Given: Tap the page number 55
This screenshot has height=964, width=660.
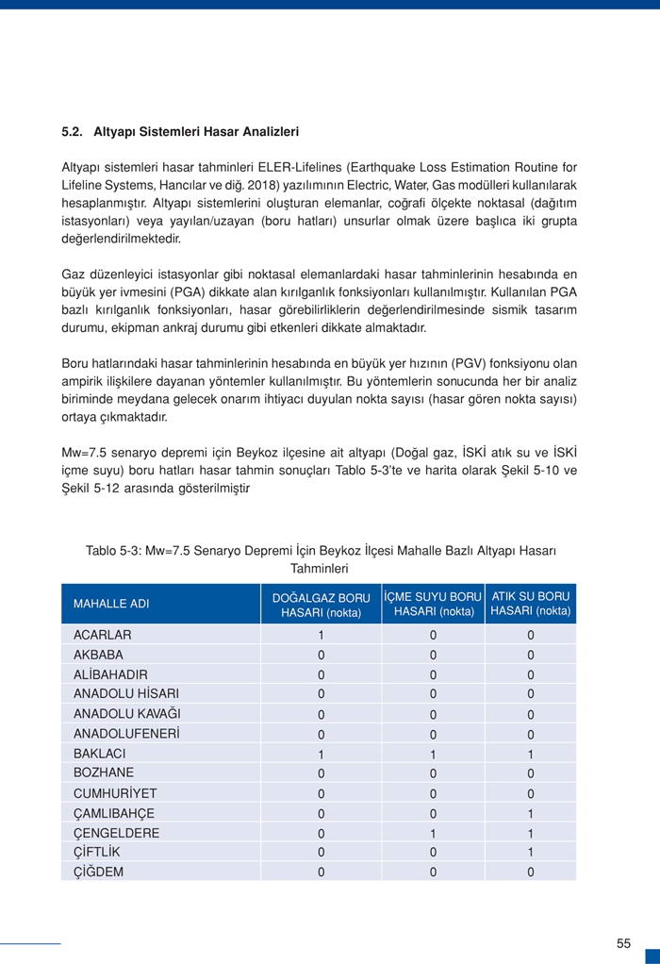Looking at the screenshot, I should click(623, 943).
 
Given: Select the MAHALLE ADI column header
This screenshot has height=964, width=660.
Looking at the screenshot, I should click(111, 604).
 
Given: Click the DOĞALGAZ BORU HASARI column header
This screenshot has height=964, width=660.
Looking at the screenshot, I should click(321, 605).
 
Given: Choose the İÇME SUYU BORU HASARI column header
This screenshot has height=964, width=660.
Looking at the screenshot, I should click(434, 604).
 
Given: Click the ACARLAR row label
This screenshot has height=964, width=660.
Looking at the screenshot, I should click(103, 635).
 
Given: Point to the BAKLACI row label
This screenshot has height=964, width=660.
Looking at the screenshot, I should click(100, 754).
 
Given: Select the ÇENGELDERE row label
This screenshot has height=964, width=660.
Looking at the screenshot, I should click(117, 833).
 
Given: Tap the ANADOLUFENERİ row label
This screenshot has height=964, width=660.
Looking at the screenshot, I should click(126, 734).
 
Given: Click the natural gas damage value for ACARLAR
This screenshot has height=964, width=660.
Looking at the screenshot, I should click(321, 635).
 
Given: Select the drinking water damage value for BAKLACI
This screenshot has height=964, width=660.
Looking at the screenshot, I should click(434, 755).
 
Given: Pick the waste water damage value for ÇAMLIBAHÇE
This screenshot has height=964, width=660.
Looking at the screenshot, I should click(531, 813).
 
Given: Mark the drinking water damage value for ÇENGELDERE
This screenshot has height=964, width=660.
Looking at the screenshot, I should click(434, 833).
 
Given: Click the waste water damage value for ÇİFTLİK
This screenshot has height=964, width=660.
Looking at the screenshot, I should click(531, 853).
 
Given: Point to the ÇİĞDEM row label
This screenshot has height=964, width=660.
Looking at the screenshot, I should click(98, 873).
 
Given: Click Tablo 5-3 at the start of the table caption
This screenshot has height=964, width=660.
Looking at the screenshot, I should click(114, 551).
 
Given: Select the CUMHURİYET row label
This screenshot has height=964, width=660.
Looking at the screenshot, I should click(115, 793).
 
